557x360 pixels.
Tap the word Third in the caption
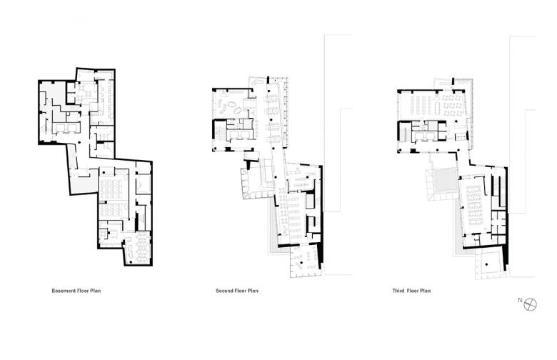coord(398,291)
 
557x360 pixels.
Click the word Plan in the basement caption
coord(95,291)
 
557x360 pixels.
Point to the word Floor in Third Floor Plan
coord(413,291)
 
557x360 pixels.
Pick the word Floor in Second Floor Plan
coord(241,291)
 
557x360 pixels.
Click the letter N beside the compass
coord(520,300)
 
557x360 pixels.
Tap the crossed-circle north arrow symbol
coord(531,304)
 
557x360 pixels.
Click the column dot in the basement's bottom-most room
coord(131,262)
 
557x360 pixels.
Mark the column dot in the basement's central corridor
coord(79,143)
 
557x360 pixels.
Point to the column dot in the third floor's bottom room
coord(486,264)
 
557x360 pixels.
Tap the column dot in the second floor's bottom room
coord(301,262)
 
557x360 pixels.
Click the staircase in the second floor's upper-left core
coord(219,131)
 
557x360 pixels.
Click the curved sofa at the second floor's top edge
coord(257,81)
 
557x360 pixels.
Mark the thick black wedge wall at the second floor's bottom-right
coord(321,255)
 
